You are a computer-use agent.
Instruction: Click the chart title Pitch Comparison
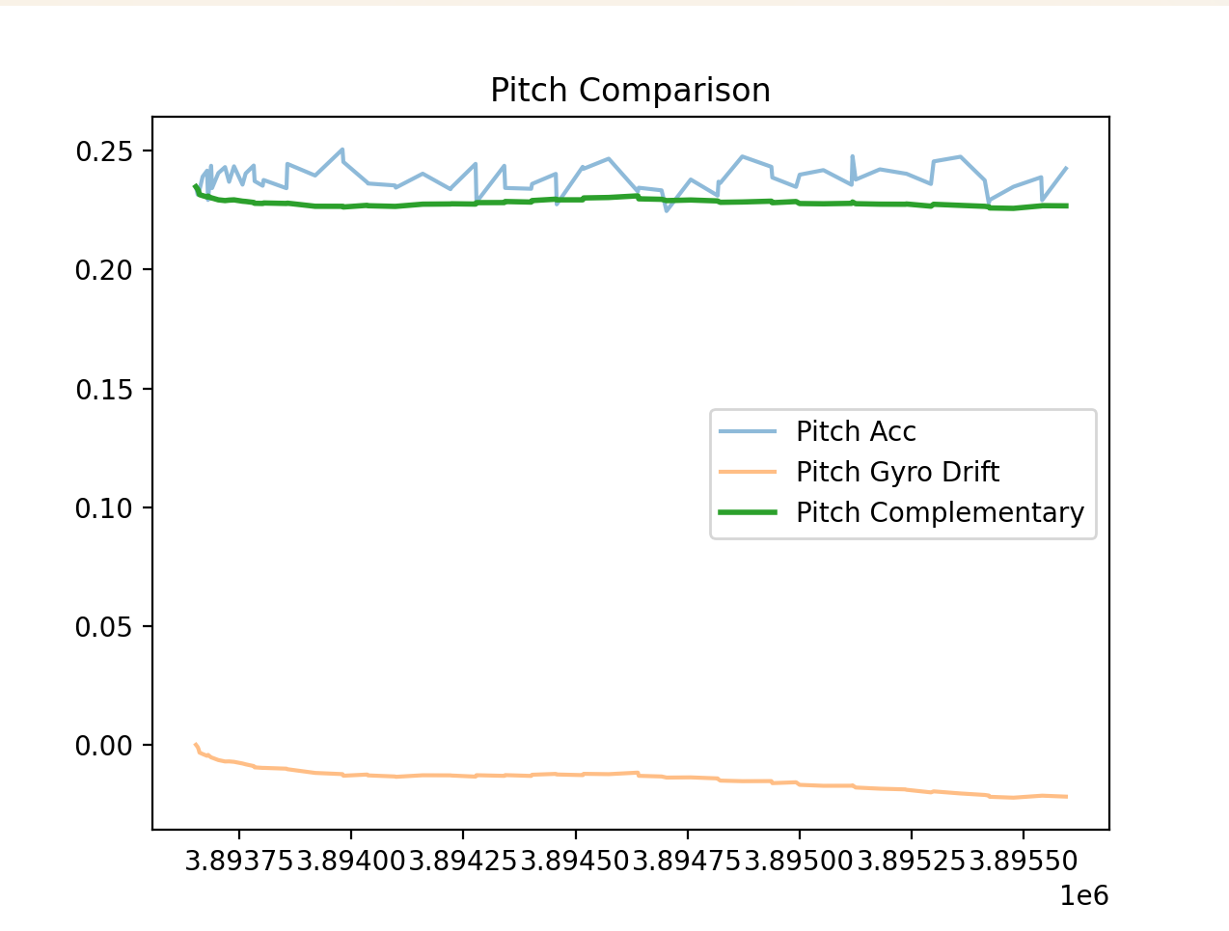click(x=630, y=90)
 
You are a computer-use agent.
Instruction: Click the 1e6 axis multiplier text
click(x=1084, y=896)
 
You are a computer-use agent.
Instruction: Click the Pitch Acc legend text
click(x=856, y=431)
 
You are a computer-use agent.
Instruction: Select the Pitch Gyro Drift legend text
click(x=897, y=472)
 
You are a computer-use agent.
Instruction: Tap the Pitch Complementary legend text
click(x=940, y=512)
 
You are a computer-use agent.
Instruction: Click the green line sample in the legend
click(x=749, y=512)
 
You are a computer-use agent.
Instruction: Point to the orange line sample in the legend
click(x=749, y=472)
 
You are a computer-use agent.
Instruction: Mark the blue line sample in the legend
click(x=749, y=431)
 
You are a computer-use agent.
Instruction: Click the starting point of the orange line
click(x=196, y=745)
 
